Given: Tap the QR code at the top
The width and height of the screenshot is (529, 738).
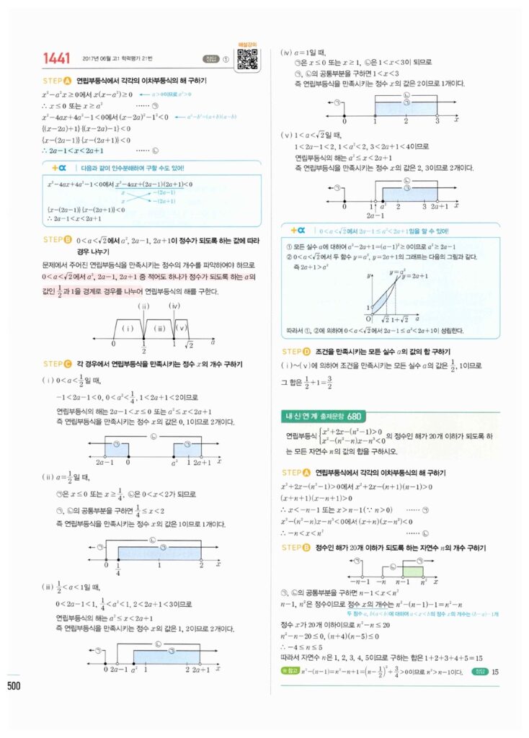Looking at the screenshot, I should click(x=248, y=59).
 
